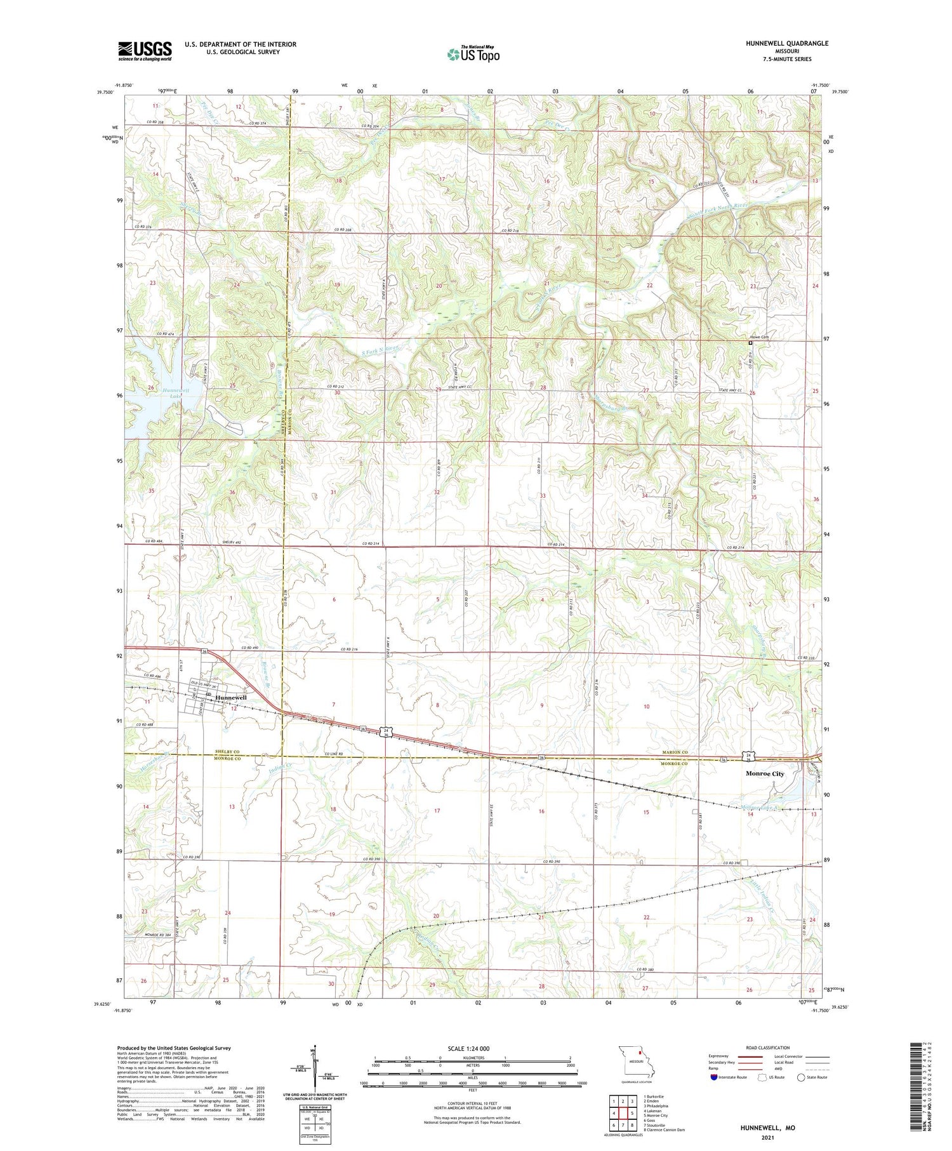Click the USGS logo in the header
coord(145,51)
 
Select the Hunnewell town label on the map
coord(231,697)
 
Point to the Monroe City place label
coord(764,774)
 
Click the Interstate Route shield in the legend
coord(714,1077)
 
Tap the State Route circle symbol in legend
coord(802,1077)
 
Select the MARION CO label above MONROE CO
coord(675,752)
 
